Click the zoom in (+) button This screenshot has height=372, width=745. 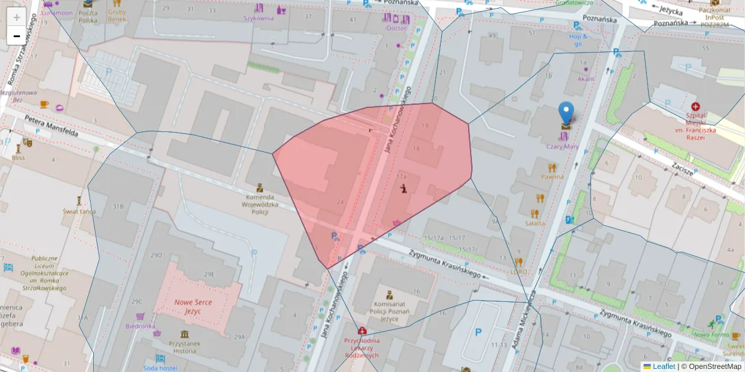coord(16,17)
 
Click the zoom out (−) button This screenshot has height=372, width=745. coord(16,36)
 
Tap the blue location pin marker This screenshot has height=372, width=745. coord(566,113)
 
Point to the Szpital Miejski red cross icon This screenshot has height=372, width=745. coord(695,107)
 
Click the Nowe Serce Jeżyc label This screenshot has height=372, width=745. coord(193,307)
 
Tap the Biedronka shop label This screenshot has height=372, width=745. coord(140,325)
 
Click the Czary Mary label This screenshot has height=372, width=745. coord(562,147)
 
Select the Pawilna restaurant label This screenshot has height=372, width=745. coord(552,177)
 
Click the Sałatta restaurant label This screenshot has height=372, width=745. coord(535,223)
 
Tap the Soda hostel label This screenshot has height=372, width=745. coord(160,368)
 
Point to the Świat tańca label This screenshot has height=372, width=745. coord(79,211)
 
